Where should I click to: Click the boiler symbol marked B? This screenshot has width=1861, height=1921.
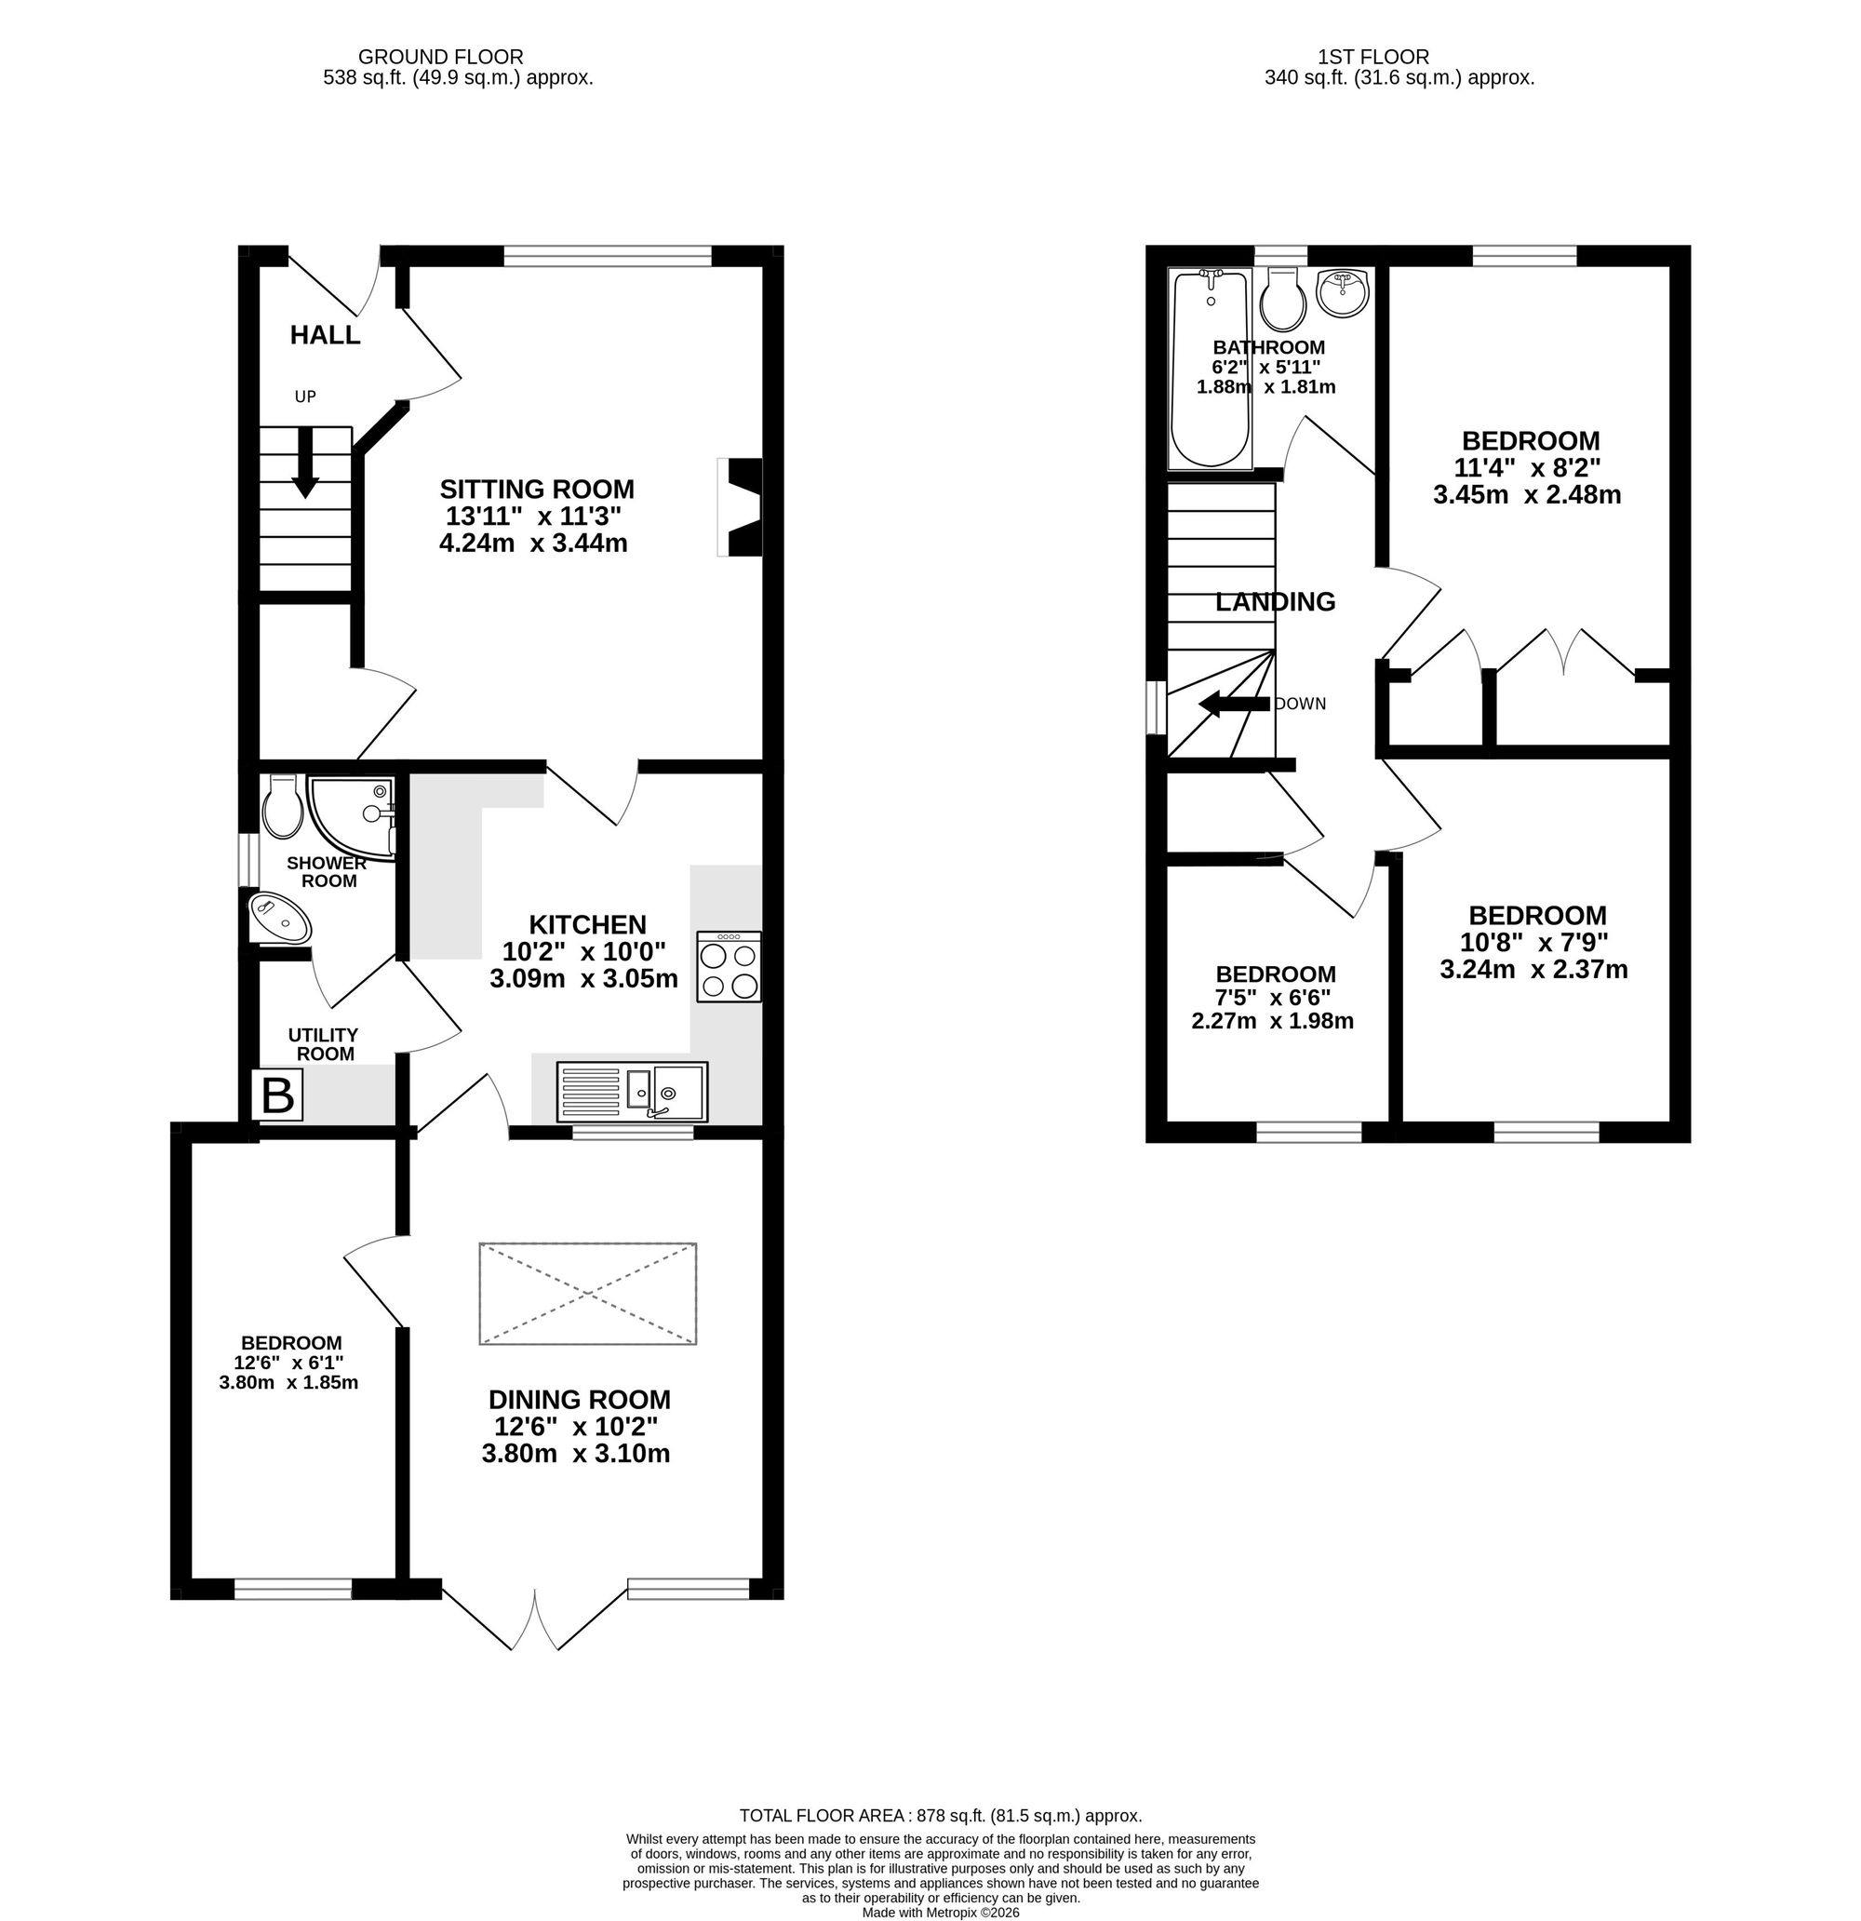(x=278, y=1095)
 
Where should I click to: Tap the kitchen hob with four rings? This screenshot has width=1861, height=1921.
(x=730, y=966)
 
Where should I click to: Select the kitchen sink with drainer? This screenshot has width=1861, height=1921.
(x=632, y=1091)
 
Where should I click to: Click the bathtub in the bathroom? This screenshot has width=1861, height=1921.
(x=1212, y=369)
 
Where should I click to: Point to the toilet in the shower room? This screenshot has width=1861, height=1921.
(x=283, y=807)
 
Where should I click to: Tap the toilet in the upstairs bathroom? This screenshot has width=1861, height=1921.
(x=1283, y=299)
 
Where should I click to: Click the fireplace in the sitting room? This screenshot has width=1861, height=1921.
(x=740, y=507)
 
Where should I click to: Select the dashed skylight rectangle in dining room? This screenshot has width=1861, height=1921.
(x=588, y=1294)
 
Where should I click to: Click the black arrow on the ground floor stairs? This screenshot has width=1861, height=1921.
(x=306, y=463)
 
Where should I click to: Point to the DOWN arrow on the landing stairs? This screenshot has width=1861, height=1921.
(x=1235, y=703)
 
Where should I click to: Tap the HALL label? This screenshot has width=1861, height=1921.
(x=326, y=335)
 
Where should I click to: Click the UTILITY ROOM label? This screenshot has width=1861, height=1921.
(x=324, y=1045)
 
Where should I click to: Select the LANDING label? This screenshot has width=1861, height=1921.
(x=1275, y=602)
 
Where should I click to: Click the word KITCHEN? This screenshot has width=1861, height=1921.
(x=588, y=924)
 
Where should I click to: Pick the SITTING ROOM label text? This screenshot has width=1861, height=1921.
(x=537, y=489)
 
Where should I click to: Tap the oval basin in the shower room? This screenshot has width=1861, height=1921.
(x=281, y=918)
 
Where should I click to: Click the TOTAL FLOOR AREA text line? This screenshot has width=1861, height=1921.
(x=941, y=1815)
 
